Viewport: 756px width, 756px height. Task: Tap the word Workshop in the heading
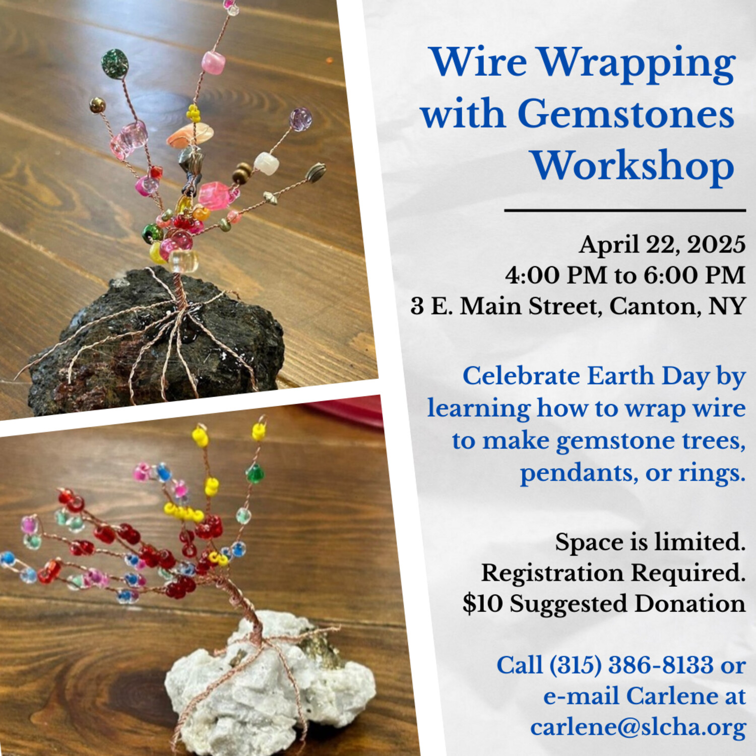[633, 166]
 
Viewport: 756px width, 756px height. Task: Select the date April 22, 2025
[662, 245]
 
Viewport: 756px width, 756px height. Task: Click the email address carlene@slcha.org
[638, 727]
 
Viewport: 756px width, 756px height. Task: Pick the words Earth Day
[648, 376]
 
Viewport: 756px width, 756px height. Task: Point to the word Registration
[552, 574]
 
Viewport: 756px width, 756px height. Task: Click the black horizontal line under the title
[625, 210]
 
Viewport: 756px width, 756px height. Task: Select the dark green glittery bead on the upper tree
[115, 64]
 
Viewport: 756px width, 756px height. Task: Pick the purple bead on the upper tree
[300, 119]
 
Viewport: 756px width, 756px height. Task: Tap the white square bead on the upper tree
[266, 164]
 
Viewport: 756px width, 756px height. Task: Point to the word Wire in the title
[479, 61]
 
